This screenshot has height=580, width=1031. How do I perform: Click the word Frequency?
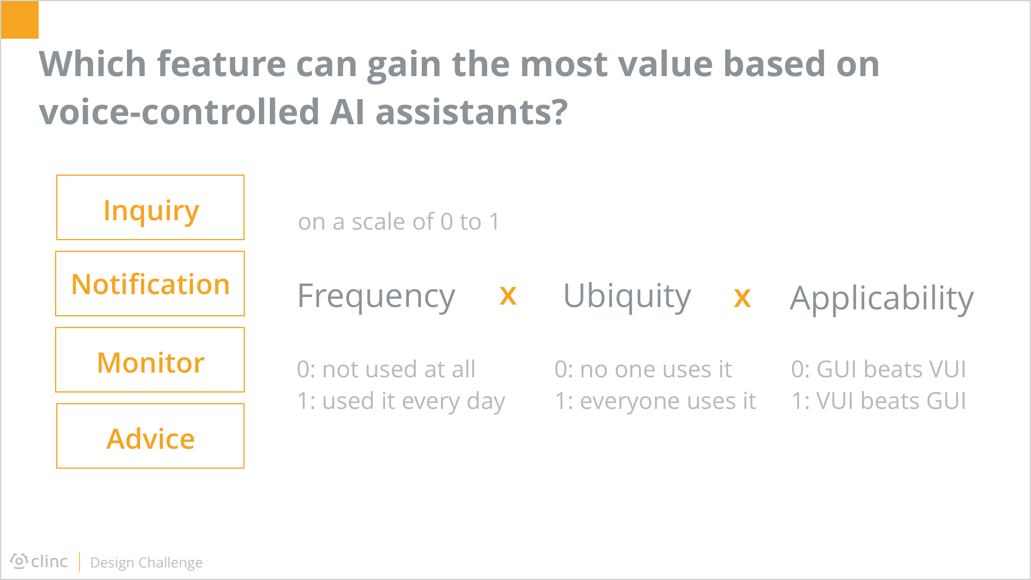376,296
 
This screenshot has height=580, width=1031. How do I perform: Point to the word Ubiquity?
627,296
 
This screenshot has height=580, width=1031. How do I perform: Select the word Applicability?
882,299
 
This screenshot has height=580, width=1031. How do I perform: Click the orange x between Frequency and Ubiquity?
508,296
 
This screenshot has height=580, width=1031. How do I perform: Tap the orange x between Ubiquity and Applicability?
742,299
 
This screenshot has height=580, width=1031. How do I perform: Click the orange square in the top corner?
20,20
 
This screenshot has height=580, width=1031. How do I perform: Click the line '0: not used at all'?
386,369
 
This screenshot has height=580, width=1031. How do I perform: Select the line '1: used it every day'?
401,402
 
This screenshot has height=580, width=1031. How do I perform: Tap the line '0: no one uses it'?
643,369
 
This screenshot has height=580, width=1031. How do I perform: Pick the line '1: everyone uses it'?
656,402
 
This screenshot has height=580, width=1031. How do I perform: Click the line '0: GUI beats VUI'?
879,369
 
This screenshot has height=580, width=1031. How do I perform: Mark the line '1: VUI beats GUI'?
879,401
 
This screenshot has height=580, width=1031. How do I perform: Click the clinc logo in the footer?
39,561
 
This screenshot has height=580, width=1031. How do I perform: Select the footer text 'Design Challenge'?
146,563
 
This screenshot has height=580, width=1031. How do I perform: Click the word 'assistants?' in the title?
472,112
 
